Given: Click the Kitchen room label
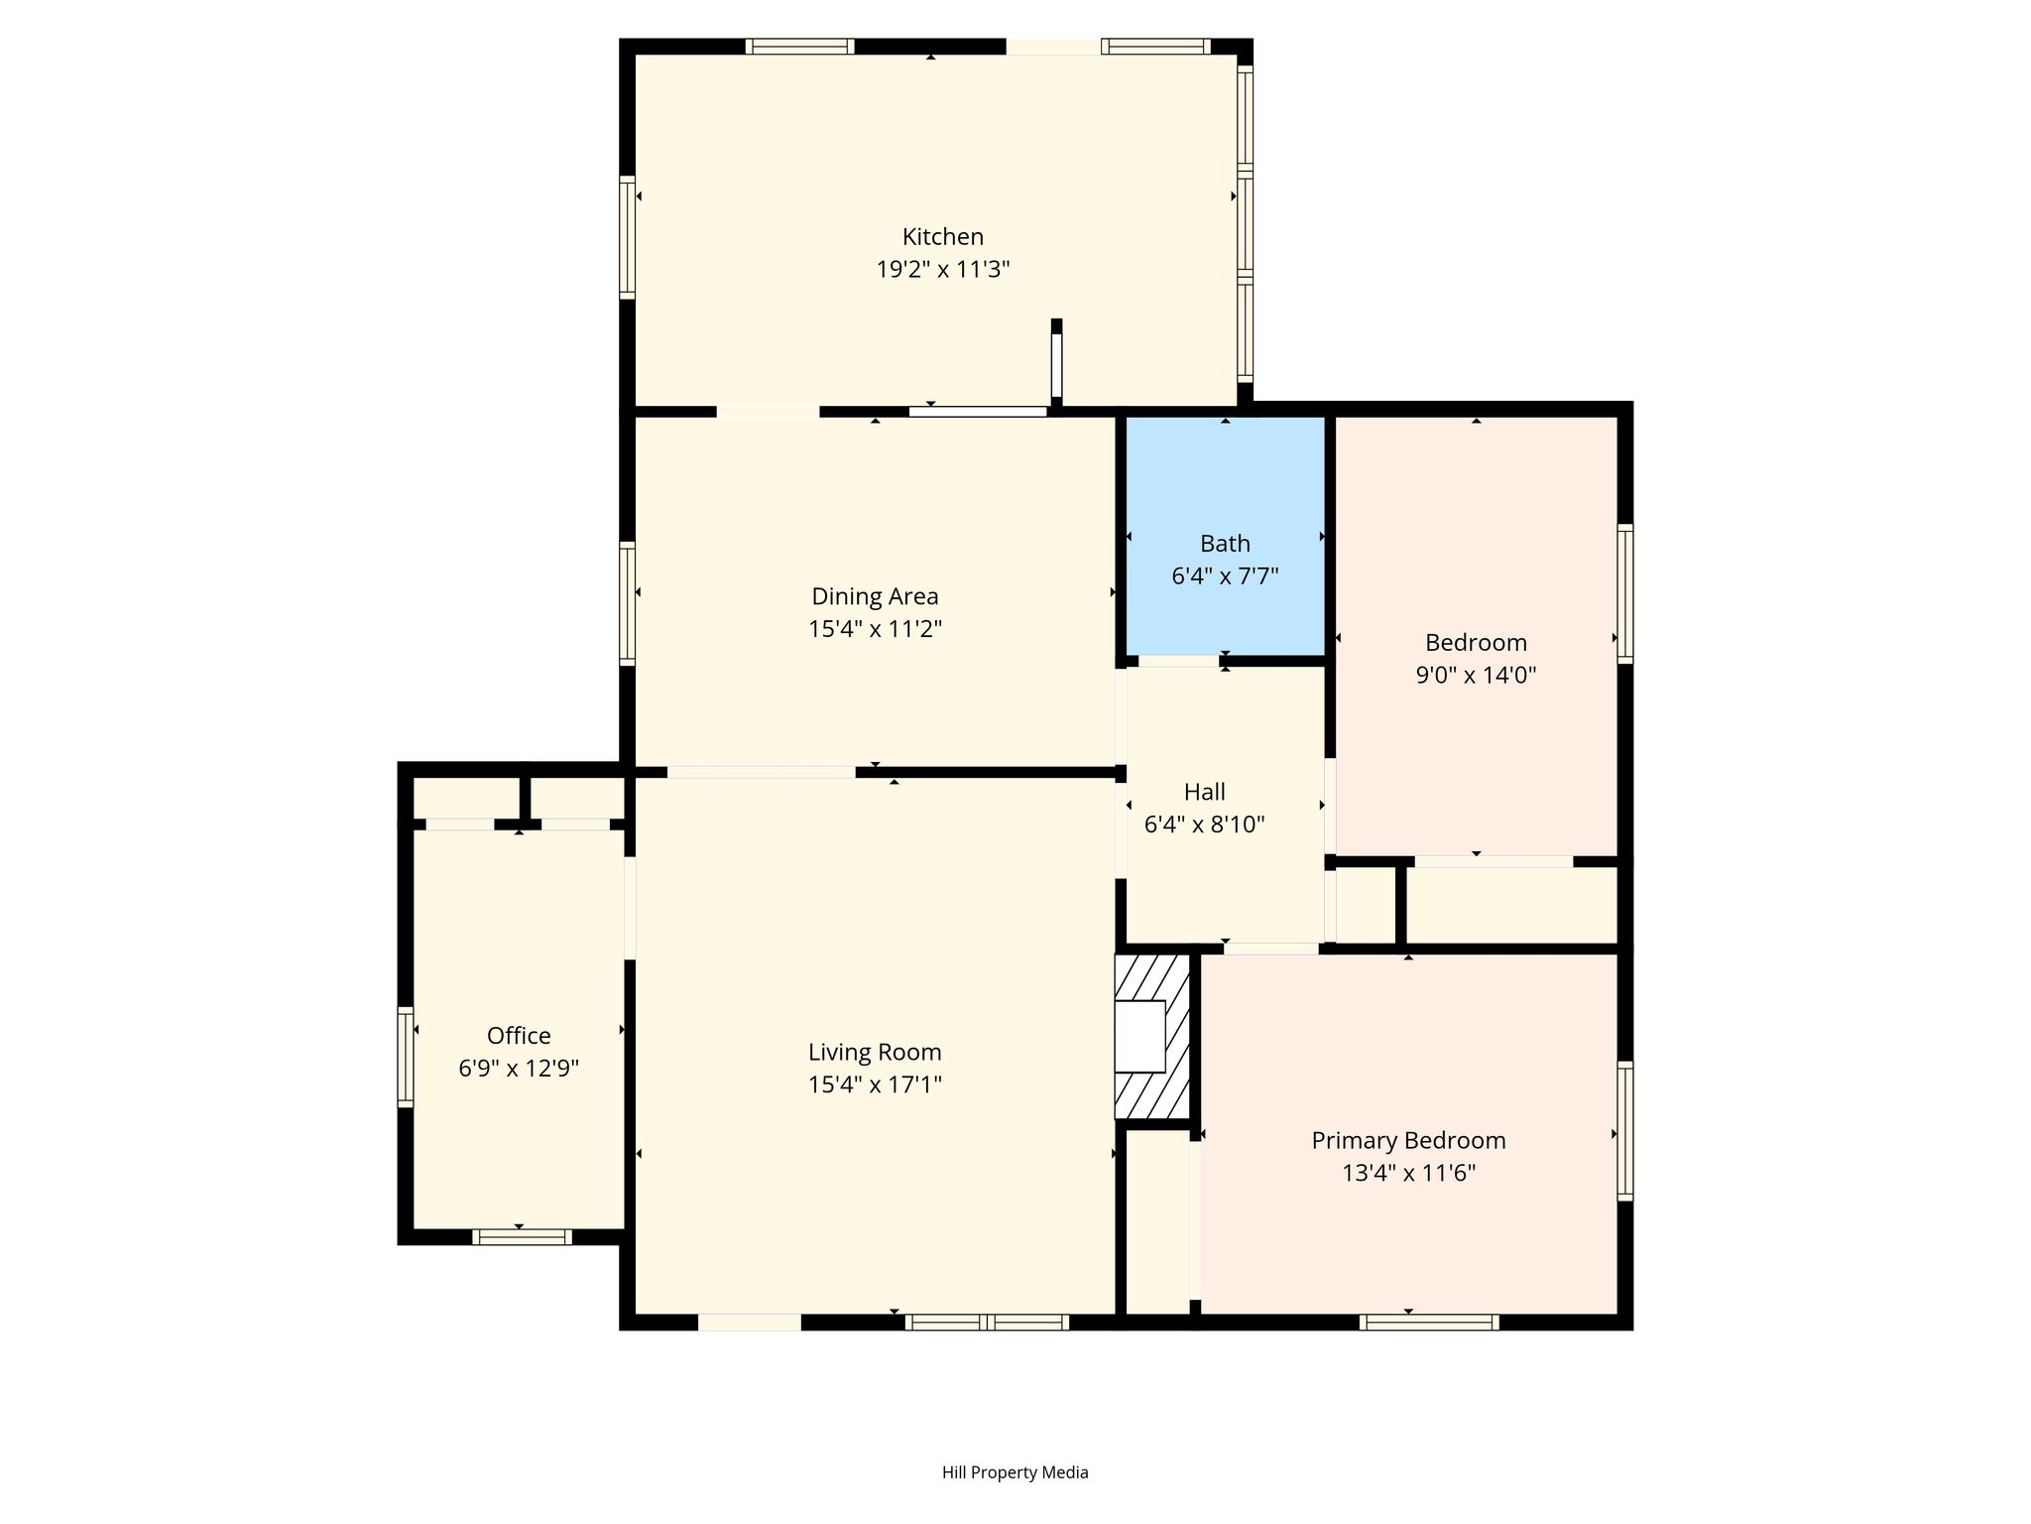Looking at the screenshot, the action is pos(942,237).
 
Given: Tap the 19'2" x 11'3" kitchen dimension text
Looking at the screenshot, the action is pos(942,270).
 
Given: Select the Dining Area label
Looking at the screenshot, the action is pos(875,596).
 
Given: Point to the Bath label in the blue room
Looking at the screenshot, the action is pos(1225,544).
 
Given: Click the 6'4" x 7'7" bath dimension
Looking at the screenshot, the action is pos(1225,576).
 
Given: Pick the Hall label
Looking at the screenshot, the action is pos(1204,792).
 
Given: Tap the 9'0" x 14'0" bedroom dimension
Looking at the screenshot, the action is pos(1476,676).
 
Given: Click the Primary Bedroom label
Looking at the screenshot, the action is pos(1408,1141).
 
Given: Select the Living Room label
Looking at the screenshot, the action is pos(875,1052).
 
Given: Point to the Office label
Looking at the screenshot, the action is pos(519,1036).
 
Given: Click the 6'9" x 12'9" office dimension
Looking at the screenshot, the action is pos(519,1069).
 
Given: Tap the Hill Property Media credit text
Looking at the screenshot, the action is pos(1015,1472).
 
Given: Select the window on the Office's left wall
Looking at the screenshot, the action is pos(405,1057).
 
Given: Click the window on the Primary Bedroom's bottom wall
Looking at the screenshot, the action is pos(1428,1322).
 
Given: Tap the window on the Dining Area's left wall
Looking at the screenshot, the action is pos(627,603).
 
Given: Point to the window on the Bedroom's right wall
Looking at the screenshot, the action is pos(1625,593).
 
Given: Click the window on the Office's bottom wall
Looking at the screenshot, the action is pos(522,1237).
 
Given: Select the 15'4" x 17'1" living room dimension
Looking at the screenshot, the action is pos(875,1084).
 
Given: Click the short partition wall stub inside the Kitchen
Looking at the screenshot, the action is pos(1056,362).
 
